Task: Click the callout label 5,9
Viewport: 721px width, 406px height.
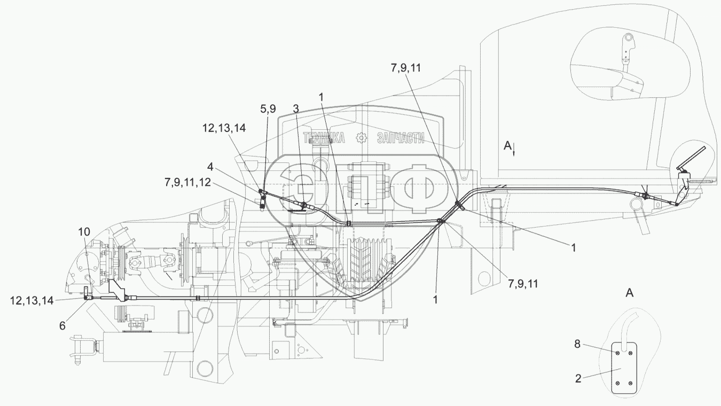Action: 268,108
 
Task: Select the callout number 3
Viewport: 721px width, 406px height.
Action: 295,108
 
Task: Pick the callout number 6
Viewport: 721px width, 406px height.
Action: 62,326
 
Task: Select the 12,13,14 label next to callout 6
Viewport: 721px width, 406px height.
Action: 32,301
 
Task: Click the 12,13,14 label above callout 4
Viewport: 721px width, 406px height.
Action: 224,128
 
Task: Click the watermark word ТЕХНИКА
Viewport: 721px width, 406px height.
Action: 324,138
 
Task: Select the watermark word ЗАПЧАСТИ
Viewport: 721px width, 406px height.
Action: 401,138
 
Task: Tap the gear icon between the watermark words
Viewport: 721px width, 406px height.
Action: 362,138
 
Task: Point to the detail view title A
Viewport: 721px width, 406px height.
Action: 630,292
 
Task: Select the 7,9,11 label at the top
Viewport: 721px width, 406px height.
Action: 406,68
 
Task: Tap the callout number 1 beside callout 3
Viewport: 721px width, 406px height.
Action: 322,97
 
